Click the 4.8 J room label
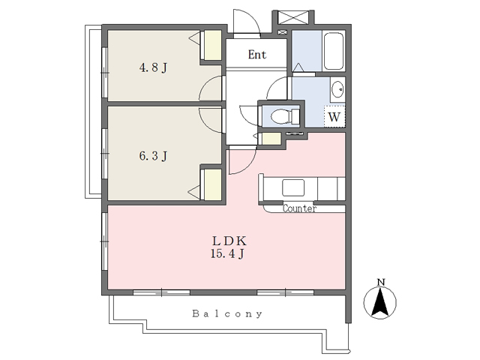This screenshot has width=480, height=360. (x=153, y=67)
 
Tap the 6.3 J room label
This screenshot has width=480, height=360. (x=153, y=156)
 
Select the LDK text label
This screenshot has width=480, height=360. (x=229, y=241)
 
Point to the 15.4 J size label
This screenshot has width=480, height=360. (x=227, y=253)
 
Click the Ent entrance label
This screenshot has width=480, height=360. (x=257, y=55)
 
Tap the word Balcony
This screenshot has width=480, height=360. (x=227, y=313)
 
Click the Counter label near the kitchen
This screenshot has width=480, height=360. (x=299, y=208)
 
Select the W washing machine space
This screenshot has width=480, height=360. (x=334, y=116)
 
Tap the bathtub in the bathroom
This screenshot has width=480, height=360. (x=333, y=51)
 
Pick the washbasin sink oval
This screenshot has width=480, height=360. (x=337, y=89)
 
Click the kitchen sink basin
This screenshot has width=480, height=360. (x=293, y=187)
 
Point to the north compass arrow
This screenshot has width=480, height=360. (x=380, y=302)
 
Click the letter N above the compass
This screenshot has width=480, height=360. (x=381, y=282)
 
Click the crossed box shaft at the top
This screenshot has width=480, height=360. (x=293, y=16)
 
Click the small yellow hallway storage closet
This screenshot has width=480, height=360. (x=271, y=139)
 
